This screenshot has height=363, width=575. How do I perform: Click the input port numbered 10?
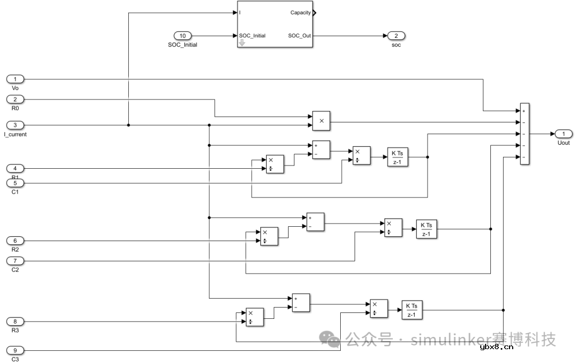click(183, 36)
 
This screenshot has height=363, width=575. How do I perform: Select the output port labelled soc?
click(396, 36)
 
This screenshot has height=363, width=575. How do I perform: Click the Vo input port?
click(15, 79)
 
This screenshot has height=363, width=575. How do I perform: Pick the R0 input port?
click(15, 100)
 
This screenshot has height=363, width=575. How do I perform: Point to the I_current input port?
click(15, 125)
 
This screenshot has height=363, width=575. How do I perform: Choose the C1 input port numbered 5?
click(15, 183)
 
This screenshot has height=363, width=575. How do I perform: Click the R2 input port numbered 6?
click(15, 240)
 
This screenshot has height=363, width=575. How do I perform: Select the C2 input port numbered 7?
click(15, 261)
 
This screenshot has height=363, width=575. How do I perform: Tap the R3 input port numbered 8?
click(15, 321)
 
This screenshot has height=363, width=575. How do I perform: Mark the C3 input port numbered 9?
click(15, 350)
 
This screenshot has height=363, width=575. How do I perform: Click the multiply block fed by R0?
click(321, 121)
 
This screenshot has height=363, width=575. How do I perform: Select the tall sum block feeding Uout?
click(524, 134)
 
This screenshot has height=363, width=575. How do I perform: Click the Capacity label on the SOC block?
click(301, 13)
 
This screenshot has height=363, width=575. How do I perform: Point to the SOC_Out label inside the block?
click(299, 36)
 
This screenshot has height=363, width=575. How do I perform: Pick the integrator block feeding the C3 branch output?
click(412, 310)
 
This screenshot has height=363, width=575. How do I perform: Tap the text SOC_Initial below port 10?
click(183, 45)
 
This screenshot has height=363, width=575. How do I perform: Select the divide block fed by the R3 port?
click(254, 317)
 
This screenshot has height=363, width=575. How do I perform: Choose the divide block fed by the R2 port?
click(269, 236)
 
